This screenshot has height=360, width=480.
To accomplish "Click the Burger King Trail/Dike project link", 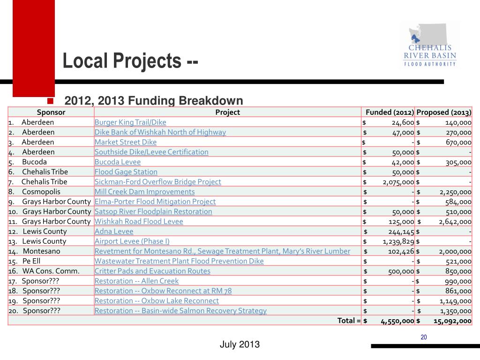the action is point(130,122).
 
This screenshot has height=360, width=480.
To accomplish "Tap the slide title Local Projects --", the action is point(131,60).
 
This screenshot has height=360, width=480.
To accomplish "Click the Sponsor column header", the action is point(51,112).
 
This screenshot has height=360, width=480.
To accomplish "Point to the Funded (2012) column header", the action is point(390,112).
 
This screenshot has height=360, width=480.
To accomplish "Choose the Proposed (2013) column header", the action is point(444,112).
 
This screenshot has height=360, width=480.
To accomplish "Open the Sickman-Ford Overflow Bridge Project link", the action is point(158,181).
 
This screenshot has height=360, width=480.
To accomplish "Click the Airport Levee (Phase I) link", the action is point(132,241).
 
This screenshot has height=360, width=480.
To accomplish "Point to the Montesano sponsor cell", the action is point(42,251).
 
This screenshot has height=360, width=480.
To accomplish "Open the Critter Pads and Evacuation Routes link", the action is point(152,271).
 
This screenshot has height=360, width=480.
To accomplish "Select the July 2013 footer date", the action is point(240,345).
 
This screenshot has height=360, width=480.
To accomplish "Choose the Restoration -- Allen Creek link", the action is point(136,281).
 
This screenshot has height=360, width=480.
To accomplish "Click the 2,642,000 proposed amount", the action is point(455,221).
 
